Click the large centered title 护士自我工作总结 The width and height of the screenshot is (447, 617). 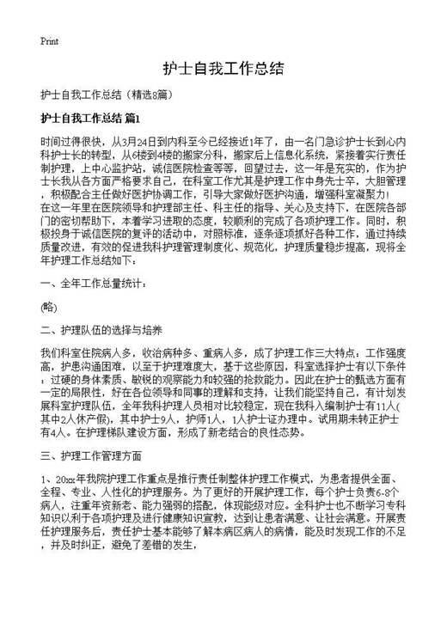tap(223, 68)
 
